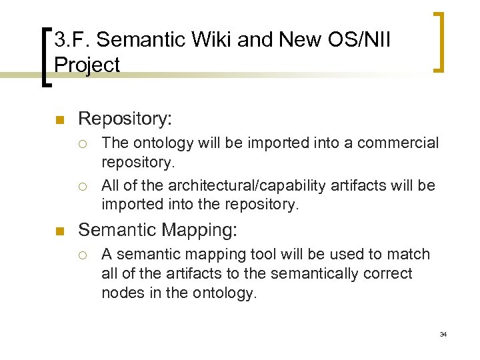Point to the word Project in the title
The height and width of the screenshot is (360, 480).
point(87,65)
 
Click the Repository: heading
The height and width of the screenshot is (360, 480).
point(125,119)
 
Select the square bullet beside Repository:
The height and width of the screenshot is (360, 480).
point(59,121)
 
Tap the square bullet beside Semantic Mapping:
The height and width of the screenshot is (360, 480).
point(59,231)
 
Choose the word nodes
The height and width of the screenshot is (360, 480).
point(121,293)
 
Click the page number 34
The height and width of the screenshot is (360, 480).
point(443,334)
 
